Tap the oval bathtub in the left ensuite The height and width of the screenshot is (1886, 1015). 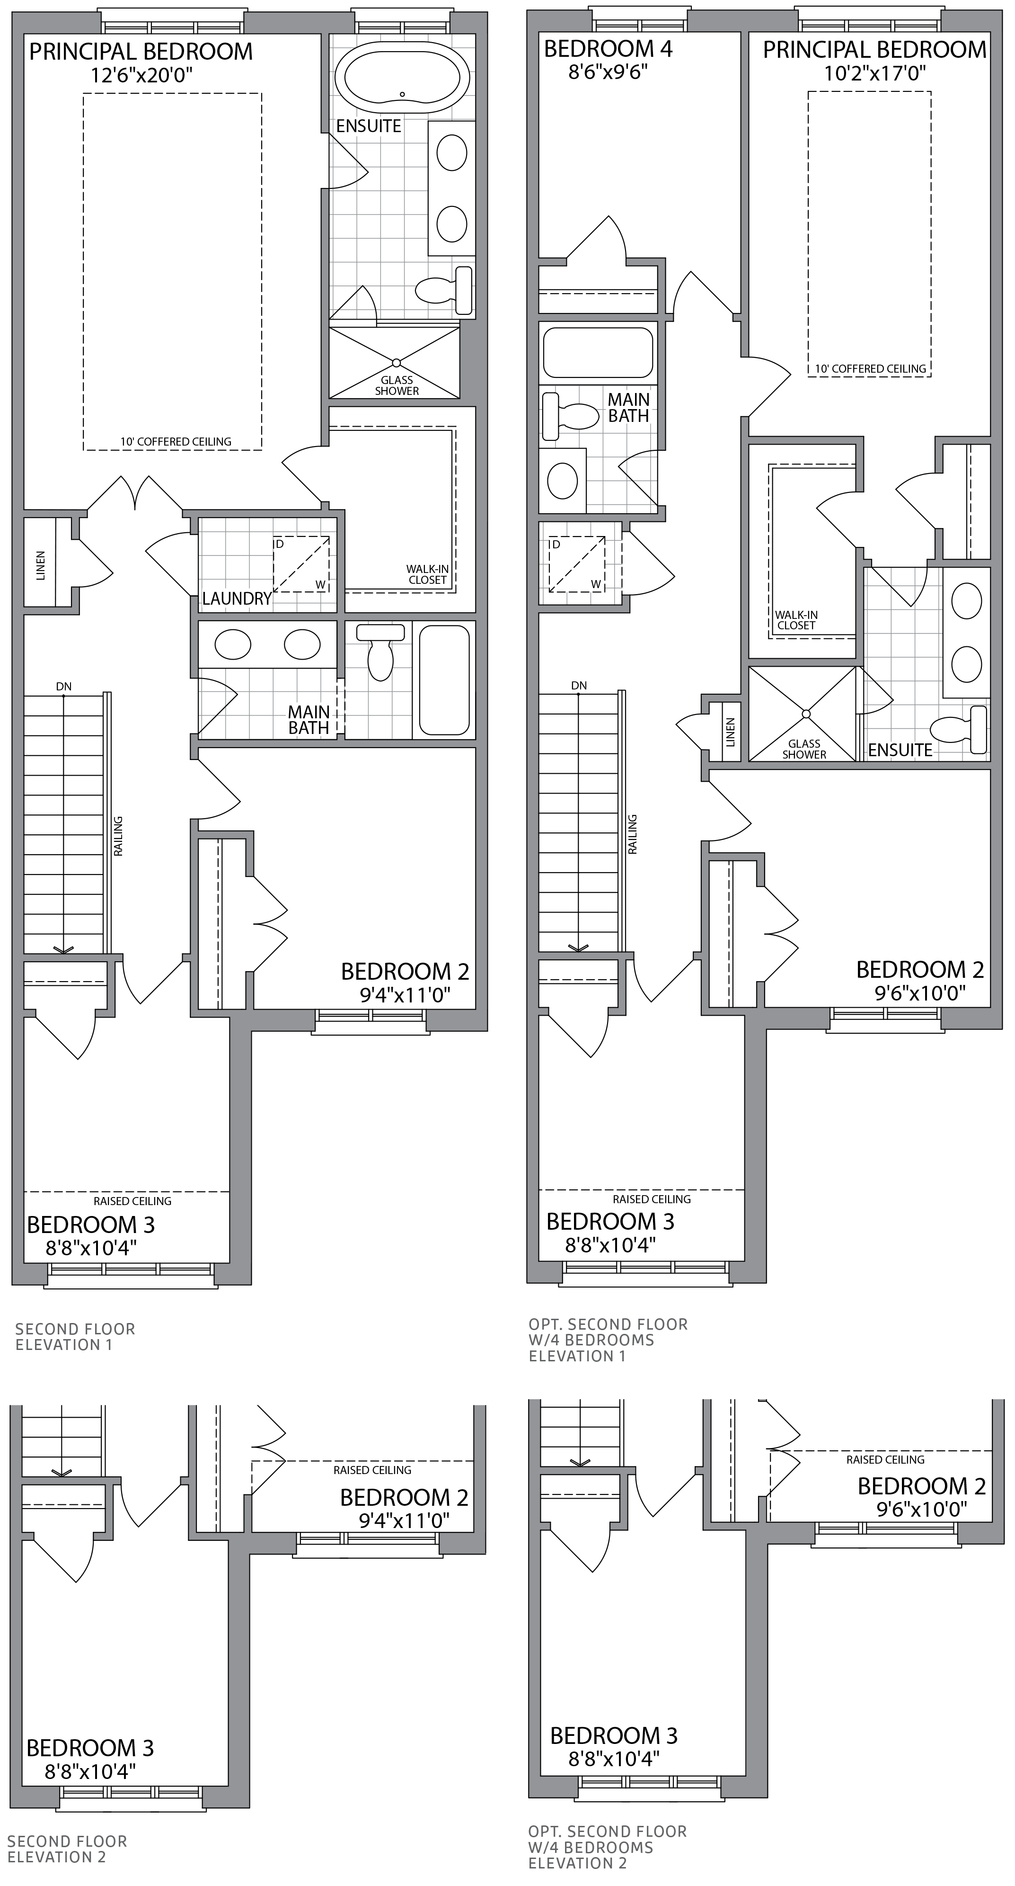(x=403, y=77)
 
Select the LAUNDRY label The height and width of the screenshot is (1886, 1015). (x=237, y=599)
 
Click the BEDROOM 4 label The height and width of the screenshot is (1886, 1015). (x=608, y=49)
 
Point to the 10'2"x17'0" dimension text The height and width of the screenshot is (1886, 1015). (x=874, y=73)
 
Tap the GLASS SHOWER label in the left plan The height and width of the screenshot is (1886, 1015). (x=397, y=385)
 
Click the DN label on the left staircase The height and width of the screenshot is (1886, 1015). (x=64, y=687)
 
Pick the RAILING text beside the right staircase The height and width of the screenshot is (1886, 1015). (x=632, y=835)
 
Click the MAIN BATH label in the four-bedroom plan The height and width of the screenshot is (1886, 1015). (x=628, y=408)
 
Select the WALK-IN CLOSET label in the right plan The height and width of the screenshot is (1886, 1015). (x=797, y=620)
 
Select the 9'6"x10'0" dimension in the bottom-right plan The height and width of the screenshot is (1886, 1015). (x=921, y=1508)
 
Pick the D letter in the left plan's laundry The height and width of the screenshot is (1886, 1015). (x=279, y=544)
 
